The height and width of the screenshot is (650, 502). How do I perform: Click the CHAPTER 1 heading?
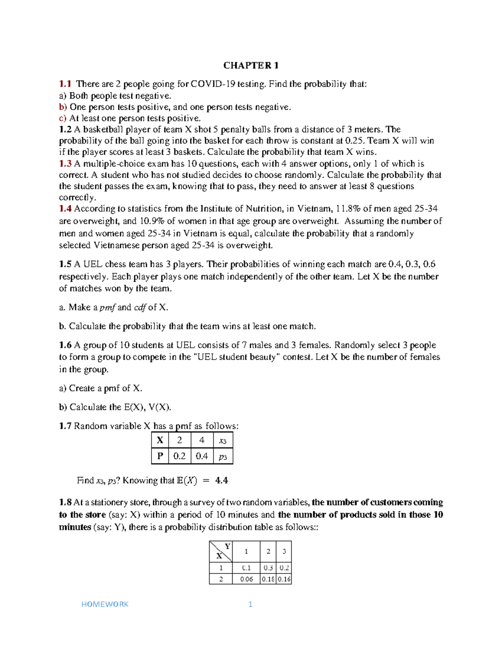coord(251,65)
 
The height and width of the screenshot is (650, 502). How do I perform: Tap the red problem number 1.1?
coord(65,84)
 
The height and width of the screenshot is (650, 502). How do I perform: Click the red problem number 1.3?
coord(65,164)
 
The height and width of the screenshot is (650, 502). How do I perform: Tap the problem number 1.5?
coord(65,264)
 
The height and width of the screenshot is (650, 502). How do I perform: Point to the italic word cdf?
coord(140,308)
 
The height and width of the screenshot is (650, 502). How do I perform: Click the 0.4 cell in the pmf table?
coord(202,456)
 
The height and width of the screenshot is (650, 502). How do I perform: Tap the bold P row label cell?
coord(160,456)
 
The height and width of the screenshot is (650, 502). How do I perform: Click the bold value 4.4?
coord(221,480)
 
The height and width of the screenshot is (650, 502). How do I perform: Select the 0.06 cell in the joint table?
coord(246,579)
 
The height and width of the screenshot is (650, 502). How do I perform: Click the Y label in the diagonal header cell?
coord(227,546)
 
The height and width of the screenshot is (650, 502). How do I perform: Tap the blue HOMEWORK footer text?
coord(105,604)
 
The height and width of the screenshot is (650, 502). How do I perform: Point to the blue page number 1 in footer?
coord(250,604)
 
